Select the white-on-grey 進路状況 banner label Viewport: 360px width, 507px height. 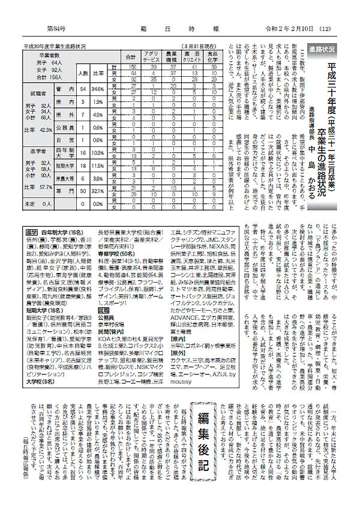(322, 49)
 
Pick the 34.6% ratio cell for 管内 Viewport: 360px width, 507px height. (99, 89)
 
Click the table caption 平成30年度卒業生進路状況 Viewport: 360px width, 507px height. (55, 46)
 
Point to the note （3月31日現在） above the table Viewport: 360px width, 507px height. (198, 46)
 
